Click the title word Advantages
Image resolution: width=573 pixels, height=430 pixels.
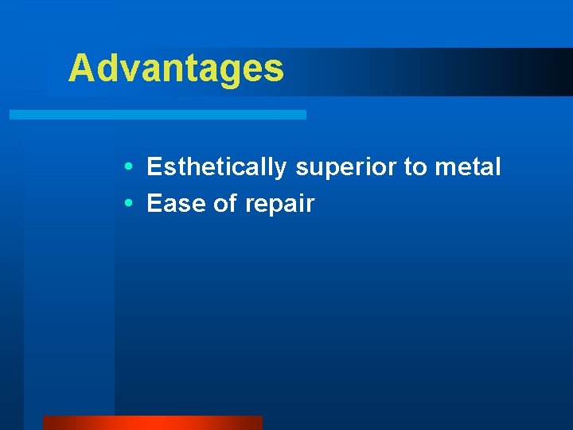coord(176,68)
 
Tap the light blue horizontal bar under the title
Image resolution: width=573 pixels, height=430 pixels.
coord(158,115)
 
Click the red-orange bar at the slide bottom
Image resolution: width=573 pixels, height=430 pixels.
coord(152,422)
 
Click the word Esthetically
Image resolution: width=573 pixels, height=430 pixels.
coord(216,167)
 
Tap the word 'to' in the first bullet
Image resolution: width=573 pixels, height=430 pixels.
coord(416,167)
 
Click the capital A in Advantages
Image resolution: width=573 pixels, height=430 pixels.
coord(80,68)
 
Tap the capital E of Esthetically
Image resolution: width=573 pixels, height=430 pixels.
coord(155,167)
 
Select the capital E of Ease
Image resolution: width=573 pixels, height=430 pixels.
coord(155,204)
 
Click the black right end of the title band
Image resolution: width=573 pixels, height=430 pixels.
coord(557,72)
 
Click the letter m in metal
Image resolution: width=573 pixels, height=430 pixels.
coord(444,168)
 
